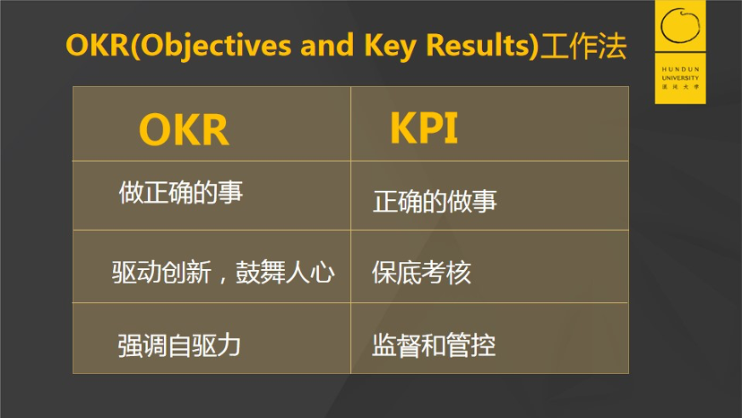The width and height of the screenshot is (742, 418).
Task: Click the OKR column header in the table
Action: (184, 129)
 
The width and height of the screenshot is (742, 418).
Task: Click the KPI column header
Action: (424, 128)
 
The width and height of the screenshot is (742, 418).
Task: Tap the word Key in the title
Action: (391, 47)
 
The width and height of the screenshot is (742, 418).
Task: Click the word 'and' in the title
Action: (327, 45)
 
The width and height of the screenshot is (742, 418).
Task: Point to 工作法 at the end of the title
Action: (583, 46)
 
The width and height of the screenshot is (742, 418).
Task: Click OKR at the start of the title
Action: (98, 45)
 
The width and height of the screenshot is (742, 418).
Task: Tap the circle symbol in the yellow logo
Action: (680, 25)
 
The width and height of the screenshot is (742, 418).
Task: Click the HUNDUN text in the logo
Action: (680, 69)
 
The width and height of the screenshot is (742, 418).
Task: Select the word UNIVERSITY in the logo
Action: (680, 78)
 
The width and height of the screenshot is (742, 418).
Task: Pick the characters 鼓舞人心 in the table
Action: (285, 273)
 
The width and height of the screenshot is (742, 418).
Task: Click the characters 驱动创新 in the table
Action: (161, 273)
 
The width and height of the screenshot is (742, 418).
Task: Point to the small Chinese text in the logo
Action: (680, 87)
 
